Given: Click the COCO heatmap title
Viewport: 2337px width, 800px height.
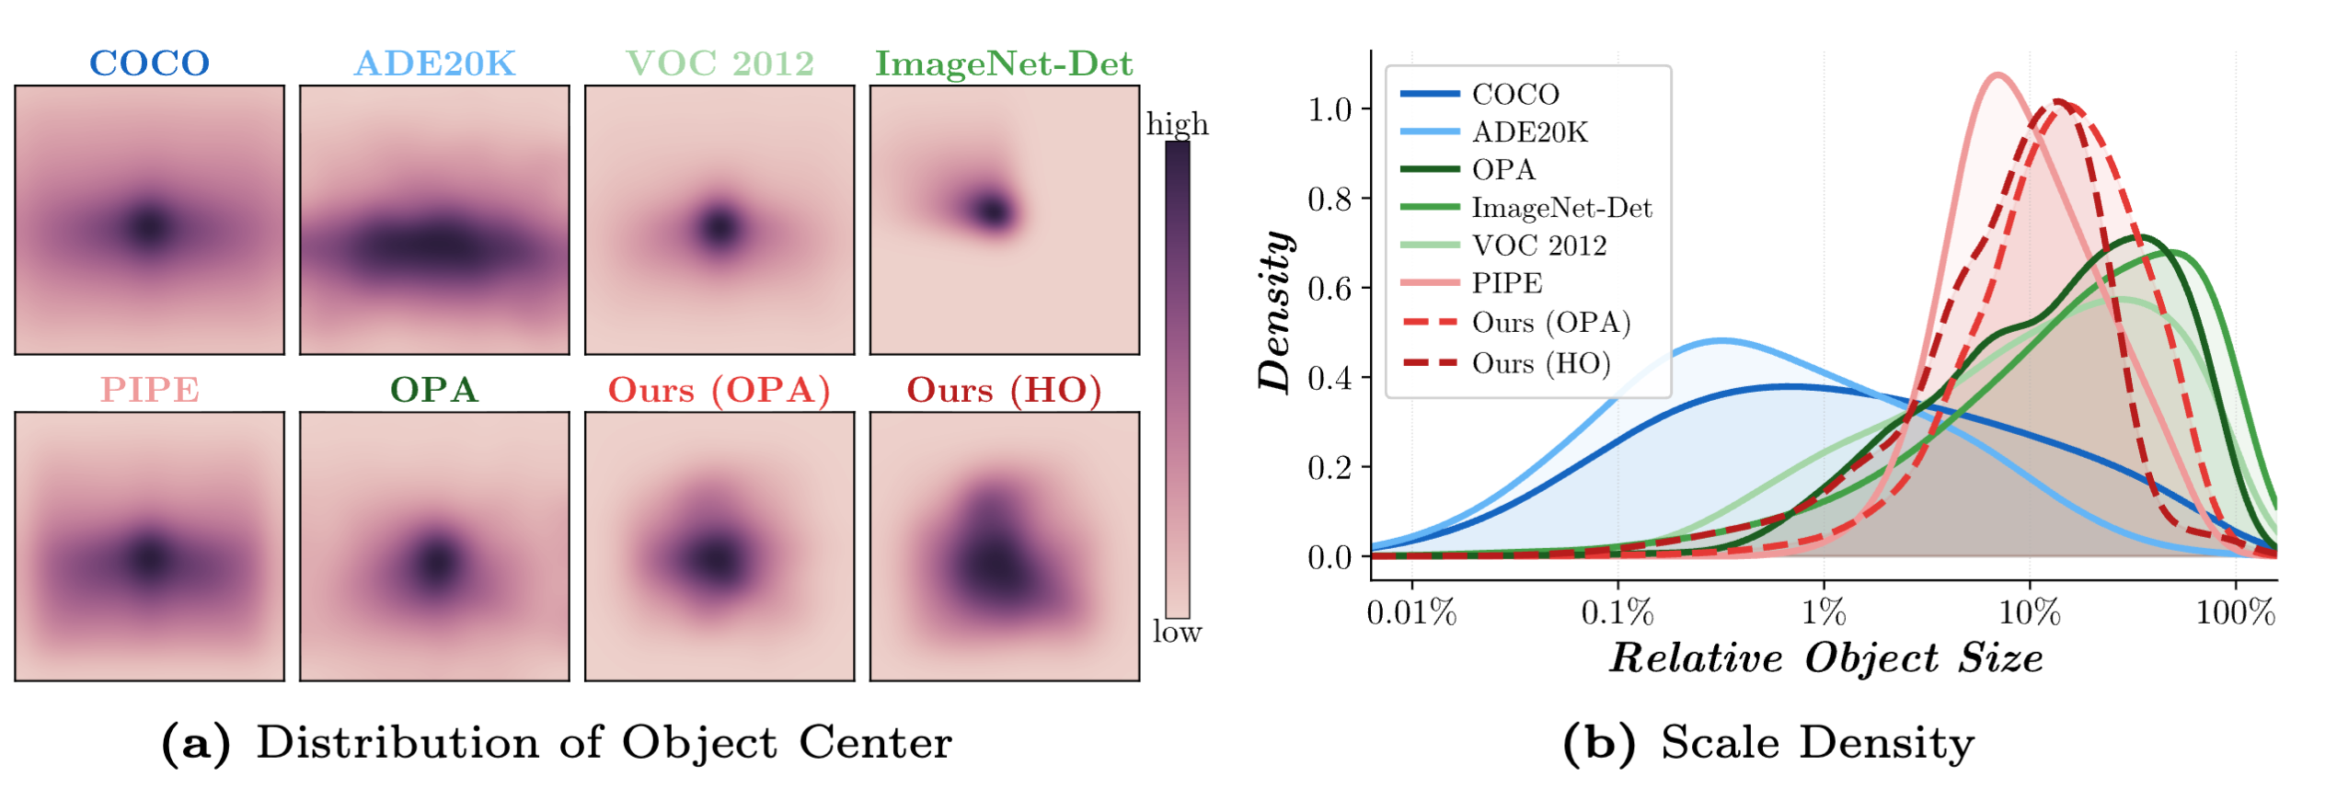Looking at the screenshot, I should click(149, 63).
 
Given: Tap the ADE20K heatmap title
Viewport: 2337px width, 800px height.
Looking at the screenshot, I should click(434, 63).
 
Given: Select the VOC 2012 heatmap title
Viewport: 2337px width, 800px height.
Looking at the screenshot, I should click(720, 63).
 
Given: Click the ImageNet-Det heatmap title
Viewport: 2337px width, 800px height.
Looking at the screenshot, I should click(1004, 63).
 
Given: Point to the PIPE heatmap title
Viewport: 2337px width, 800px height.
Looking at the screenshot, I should click(149, 390).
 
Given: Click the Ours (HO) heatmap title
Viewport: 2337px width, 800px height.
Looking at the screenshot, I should click(1004, 390).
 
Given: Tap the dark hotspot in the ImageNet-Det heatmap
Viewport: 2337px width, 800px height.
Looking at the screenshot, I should click(992, 211).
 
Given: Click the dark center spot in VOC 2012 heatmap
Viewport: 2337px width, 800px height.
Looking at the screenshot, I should click(719, 225).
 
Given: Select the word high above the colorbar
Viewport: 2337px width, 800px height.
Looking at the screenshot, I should click(1177, 123).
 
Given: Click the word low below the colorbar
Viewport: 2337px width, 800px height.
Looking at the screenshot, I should click(1177, 632).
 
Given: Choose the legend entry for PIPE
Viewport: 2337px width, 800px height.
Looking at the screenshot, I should click(1506, 283).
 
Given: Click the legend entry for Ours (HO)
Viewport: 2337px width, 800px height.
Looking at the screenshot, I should click(1541, 363).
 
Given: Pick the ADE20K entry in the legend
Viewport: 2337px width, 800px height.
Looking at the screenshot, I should click(1529, 132).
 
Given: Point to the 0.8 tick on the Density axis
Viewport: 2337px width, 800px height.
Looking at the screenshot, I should click(1329, 199).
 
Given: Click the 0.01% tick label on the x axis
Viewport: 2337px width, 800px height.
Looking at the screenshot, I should click(1411, 612).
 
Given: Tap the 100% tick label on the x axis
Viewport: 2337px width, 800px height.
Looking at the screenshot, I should click(2235, 612).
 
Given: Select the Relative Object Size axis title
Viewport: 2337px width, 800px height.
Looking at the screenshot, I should click(1825, 658).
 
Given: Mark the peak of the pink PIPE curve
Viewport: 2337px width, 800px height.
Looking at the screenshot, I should click(1997, 75).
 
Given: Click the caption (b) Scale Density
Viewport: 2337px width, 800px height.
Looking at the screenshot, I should click(1768, 742).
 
